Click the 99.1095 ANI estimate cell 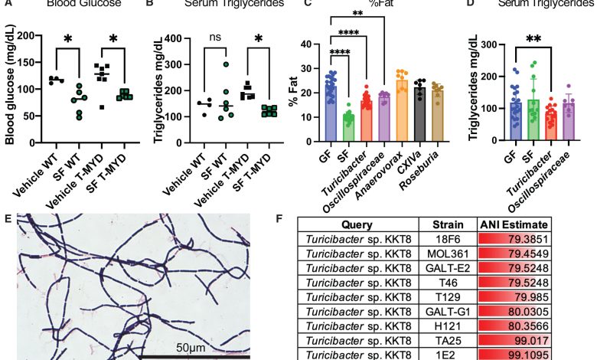coord(515,354)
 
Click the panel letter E coord(7,217)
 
